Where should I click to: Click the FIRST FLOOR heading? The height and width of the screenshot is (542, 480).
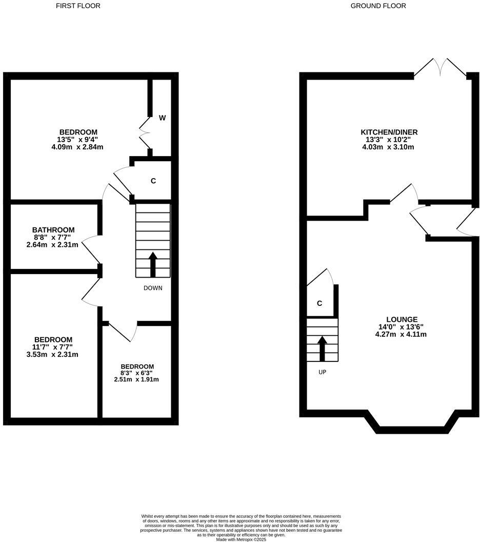pos(78,6)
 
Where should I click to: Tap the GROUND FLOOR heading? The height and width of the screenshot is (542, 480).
pos(378,6)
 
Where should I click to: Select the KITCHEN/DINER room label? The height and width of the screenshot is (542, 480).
pos(389,132)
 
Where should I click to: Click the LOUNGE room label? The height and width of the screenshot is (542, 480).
pos(402,319)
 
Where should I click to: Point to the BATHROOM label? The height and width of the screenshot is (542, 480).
pos(53,230)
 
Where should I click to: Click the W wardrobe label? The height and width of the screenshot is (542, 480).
pos(162,118)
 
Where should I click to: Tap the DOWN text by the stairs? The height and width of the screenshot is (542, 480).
pos(153,288)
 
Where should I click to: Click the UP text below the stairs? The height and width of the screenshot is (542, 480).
pos(322,372)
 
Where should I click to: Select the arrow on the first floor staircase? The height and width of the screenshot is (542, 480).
pos(153,264)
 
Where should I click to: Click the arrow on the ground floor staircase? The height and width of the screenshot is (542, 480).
pos(322,348)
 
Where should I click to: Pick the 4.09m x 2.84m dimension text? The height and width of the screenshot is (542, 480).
pos(78,147)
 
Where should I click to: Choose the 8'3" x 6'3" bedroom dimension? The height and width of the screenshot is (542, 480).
pos(136,373)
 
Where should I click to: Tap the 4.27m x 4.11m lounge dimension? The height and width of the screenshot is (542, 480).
pos(401,334)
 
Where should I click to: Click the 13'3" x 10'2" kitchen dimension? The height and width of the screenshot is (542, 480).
pos(389,140)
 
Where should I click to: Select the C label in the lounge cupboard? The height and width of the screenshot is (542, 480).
pos(319,303)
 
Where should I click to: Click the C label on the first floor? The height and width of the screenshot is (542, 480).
pos(153,181)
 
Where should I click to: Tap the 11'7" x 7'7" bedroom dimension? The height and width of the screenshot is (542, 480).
pos(53,347)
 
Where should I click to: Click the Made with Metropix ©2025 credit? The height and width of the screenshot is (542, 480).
pos(241,539)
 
